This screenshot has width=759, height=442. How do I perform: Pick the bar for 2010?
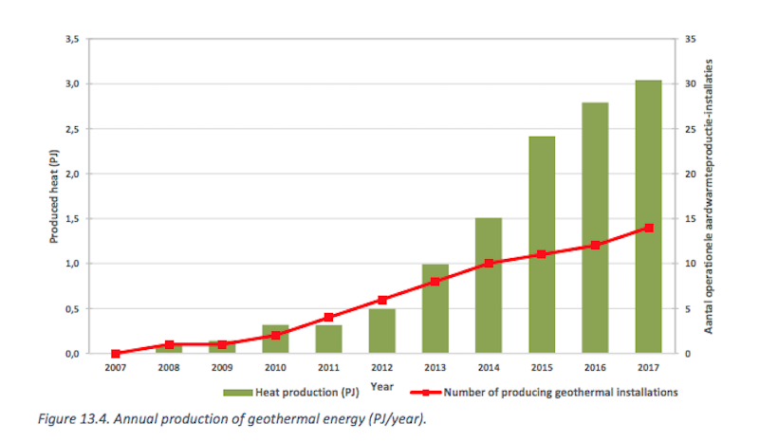coord(275,339)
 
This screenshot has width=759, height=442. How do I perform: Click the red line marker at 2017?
coord(648,228)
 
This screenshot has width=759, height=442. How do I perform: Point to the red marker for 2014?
coord(489,263)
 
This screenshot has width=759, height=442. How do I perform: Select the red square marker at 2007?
coord(116,353)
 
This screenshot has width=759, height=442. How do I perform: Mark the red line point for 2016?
coord(595,246)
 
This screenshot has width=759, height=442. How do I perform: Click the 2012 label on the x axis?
coord(381,368)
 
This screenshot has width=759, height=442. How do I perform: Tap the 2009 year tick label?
coord(222,368)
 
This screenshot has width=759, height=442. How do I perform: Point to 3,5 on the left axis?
coord(72,39)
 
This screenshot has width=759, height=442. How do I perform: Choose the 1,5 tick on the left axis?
coord(72,219)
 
